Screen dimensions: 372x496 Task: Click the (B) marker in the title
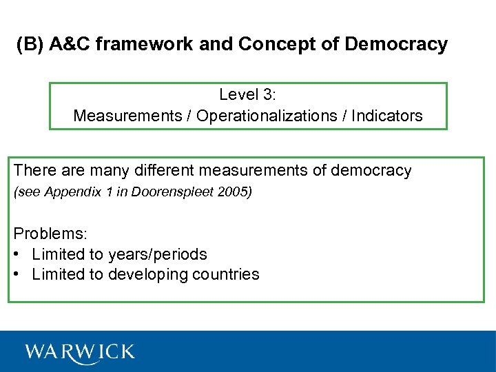(30, 45)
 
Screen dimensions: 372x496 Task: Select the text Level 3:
(248, 94)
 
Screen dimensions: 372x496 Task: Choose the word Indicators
(387, 116)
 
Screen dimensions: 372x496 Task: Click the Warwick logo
(80, 351)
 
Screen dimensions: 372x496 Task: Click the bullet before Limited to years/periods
(17, 254)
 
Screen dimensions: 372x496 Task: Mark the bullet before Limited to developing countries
(17, 274)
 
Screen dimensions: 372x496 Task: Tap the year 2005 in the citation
(236, 192)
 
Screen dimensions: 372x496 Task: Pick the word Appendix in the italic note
(66, 192)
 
